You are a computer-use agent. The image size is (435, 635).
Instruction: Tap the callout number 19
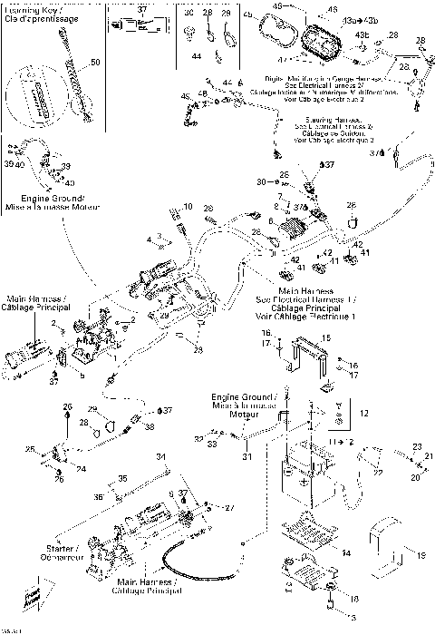tap(420, 553)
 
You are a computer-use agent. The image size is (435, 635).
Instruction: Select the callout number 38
tap(150, 426)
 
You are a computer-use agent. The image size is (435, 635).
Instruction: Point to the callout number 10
tap(188, 208)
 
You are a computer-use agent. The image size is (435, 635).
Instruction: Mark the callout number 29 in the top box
tap(226, 14)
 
